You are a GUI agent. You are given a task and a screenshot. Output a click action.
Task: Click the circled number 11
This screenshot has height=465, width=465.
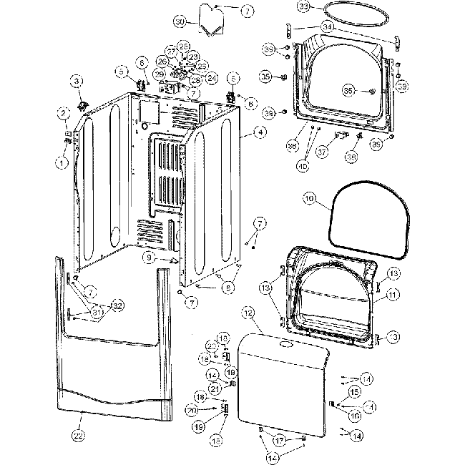[x=393, y=295]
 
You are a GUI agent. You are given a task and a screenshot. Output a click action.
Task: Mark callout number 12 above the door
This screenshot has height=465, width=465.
[x=248, y=313]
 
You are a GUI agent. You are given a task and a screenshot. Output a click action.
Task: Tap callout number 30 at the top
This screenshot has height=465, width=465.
[x=180, y=21]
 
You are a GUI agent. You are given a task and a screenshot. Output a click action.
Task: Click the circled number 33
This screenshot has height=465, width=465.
[x=305, y=6]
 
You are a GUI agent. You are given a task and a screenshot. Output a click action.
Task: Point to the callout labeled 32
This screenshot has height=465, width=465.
[x=117, y=305]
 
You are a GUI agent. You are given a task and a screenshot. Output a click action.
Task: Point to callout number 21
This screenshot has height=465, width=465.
[x=215, y=388]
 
